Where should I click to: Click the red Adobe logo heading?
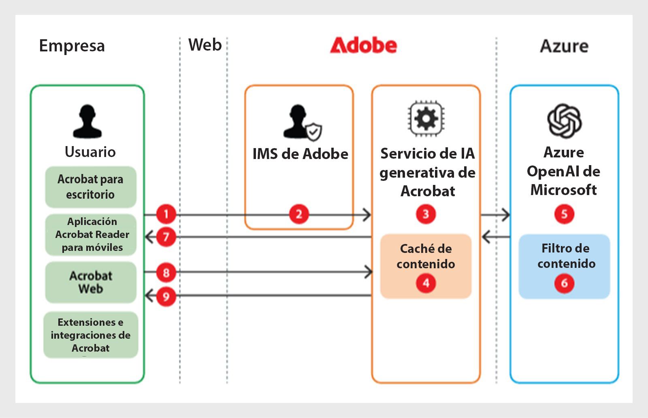363,45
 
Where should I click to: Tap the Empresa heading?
72,46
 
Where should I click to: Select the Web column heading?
205,45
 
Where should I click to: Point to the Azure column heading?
564,46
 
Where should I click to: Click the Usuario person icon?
87,121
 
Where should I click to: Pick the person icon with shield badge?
302,122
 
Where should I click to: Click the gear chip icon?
426,119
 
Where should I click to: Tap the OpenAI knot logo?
564,121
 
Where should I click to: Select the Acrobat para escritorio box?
90,187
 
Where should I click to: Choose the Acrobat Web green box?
90,282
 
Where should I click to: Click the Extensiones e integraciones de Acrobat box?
90,335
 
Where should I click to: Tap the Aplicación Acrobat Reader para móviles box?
90,234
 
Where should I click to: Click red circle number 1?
166,214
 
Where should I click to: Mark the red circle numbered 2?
299,214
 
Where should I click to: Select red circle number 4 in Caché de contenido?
426,283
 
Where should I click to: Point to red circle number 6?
564,283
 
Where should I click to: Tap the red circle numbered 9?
166,296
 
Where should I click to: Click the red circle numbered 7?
166,237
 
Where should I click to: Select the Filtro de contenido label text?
566,256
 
